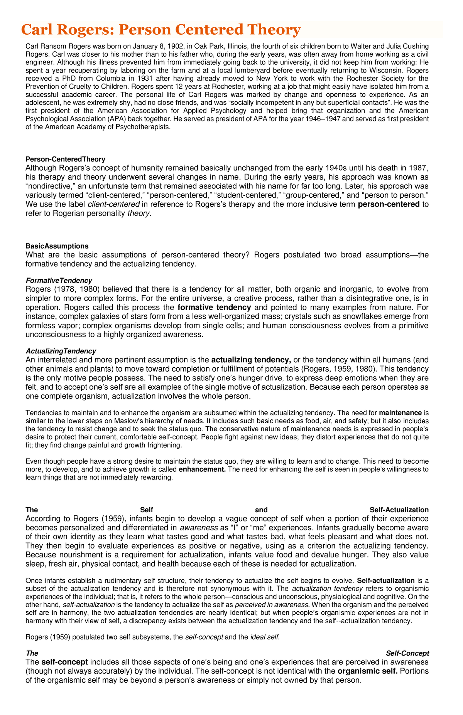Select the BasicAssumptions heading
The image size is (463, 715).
pos(57,246)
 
